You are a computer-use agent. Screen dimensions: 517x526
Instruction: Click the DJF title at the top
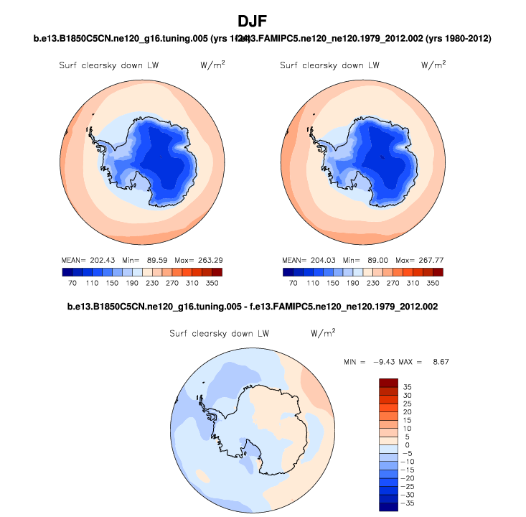click(263, 22)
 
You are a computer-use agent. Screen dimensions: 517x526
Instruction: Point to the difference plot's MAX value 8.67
click(439, 361)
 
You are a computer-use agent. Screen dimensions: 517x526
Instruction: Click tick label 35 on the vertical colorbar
click(407, 386)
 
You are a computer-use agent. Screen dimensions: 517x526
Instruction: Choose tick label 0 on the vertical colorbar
click(407, 445)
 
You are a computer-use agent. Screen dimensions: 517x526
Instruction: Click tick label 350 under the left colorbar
click(212, 284)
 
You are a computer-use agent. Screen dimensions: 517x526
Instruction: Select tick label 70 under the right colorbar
click(293, 284)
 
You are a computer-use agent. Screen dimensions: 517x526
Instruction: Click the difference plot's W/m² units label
click(322, 333)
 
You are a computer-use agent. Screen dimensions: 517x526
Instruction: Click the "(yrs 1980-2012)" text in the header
click(465, 37)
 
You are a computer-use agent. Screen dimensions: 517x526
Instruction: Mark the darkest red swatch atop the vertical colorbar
click(388, 382)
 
